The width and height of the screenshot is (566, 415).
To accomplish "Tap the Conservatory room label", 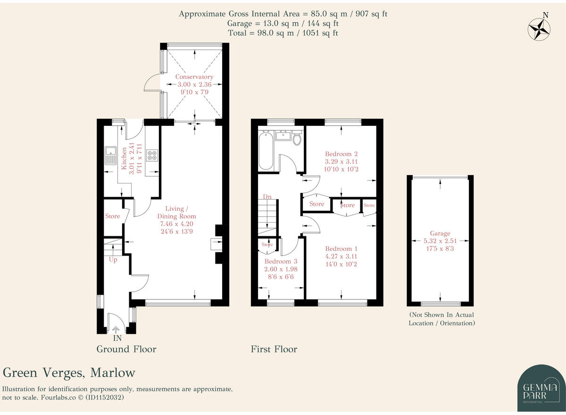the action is click(194, 77).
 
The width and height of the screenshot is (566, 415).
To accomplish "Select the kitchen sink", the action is click(110, 155).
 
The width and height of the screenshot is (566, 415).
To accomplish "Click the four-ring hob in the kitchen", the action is click(152, 156).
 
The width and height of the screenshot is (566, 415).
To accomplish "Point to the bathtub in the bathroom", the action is click(266, 150).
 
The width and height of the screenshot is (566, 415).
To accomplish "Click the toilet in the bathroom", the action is click(297, 138).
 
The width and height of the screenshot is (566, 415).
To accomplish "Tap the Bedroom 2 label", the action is click(341, 154).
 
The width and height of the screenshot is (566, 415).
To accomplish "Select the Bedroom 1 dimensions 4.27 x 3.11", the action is click(341, 257).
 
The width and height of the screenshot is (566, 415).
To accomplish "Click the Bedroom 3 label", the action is click(281, 261).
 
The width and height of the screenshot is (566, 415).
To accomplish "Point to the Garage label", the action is click(440, 233).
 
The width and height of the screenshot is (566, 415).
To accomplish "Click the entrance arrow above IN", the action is click(116, 330).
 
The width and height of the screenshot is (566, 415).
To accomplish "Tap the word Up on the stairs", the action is click(113, 260).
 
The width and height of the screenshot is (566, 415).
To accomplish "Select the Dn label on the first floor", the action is click(267, 197).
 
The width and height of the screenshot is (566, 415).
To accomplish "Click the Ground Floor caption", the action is click(126, 349).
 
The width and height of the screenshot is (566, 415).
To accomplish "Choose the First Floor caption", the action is click(274, 349).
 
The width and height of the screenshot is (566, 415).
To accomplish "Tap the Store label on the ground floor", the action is click(112, 216).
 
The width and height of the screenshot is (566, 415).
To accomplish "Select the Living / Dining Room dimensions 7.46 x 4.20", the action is click(176, 224).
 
